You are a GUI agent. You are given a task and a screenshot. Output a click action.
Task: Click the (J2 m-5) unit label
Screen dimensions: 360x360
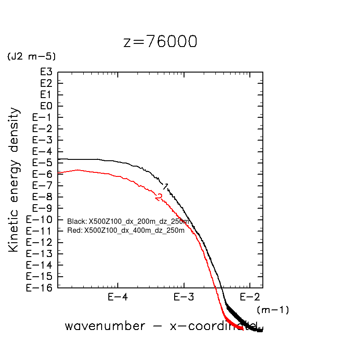pos(31,57)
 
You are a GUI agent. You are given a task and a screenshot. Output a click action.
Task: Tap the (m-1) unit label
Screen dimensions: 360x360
pos(273,309)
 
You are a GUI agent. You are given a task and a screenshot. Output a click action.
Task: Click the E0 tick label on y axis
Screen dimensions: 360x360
pos(47,106)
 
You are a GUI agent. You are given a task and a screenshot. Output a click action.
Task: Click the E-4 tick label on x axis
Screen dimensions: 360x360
pos(118,297)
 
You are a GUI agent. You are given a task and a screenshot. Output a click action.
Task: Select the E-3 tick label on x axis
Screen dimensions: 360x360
pos(184,297)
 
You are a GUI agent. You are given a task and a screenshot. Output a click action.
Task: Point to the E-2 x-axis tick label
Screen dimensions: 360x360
pos(249,297)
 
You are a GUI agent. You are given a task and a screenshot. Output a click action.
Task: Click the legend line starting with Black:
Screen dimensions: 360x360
pos(128,222)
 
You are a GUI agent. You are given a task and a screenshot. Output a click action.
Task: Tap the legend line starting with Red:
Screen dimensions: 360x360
pos(126,231)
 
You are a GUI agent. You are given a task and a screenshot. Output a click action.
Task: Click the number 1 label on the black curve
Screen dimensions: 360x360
pos(166,186)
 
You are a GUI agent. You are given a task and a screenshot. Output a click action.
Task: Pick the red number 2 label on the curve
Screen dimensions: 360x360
pos(159,197)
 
